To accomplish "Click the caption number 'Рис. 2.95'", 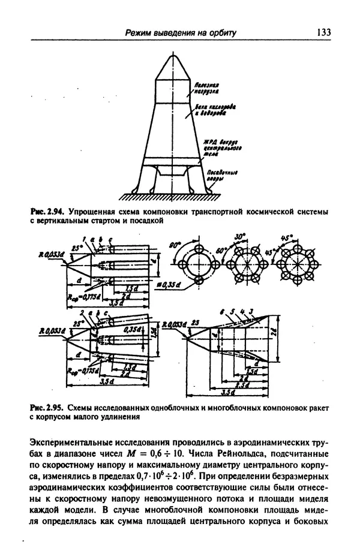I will (x=46, y=408).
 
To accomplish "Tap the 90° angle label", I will (x=175, y=246).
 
